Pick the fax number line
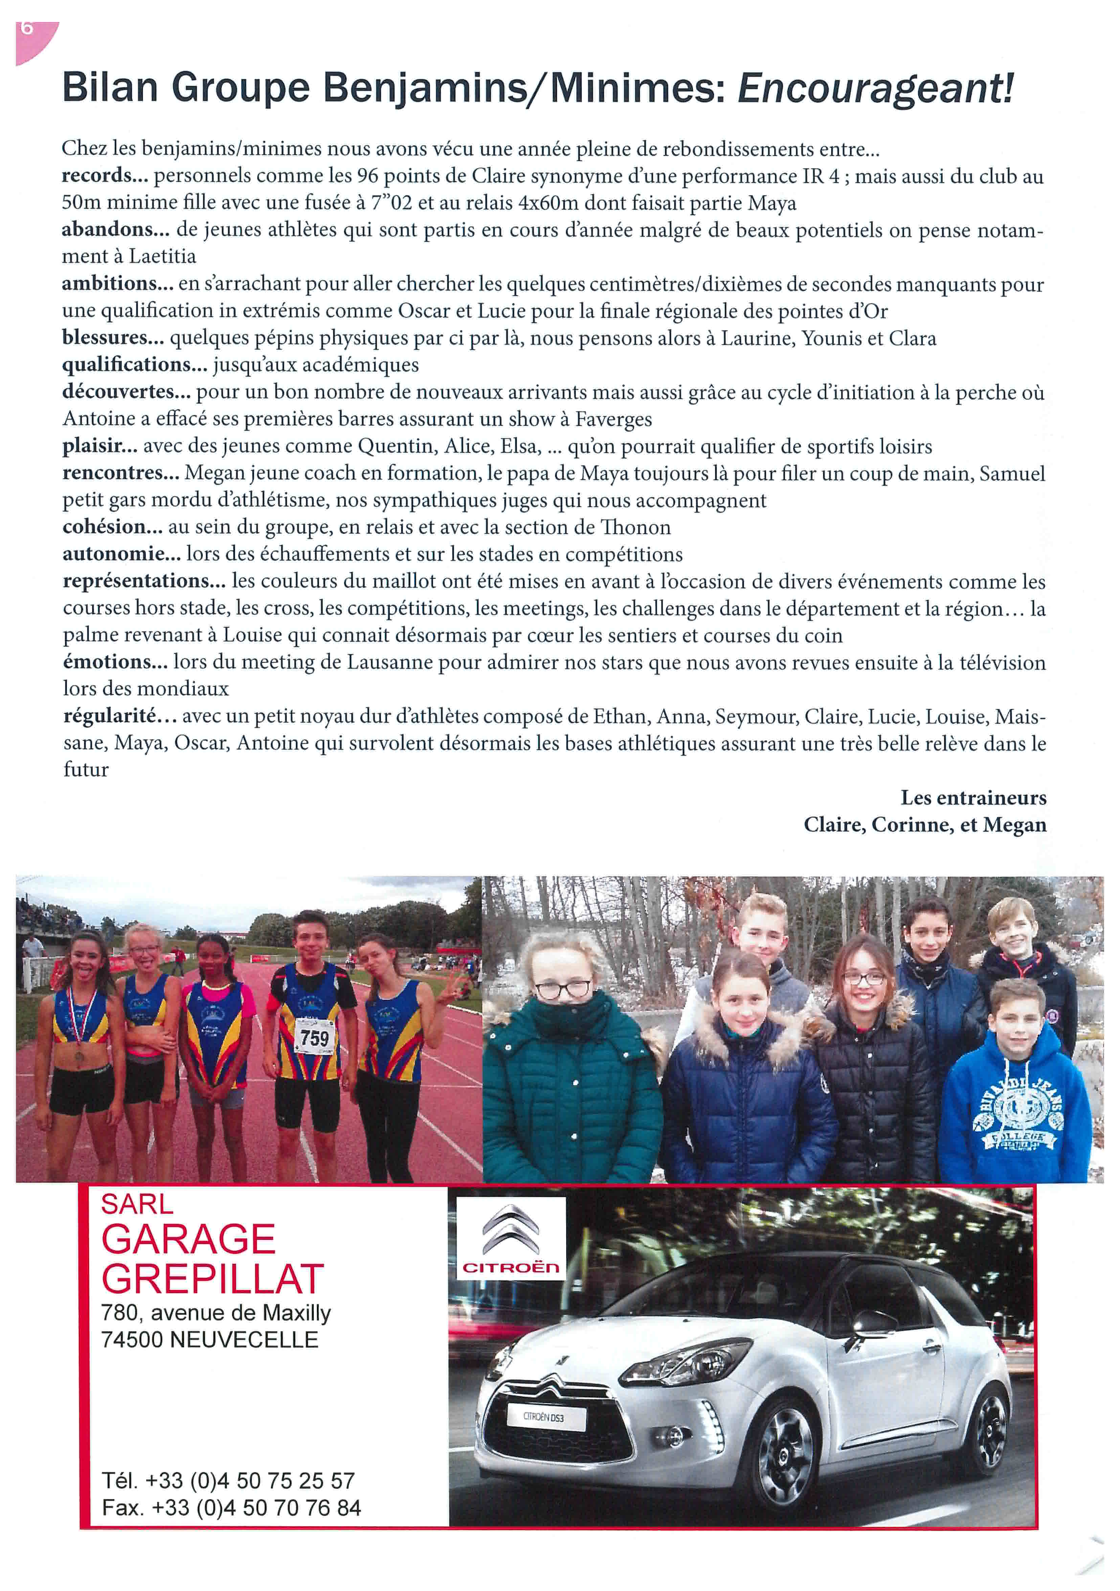pyautogui.click(x=231, y=1508)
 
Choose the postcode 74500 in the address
pyautogui.click(x=132, y=1339)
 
